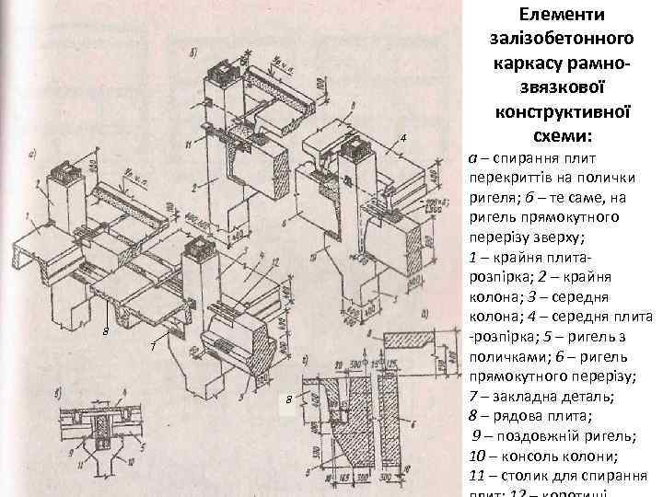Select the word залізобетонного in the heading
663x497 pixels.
[x=561, y=39]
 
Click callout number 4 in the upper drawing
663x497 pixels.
[x=403, y=138]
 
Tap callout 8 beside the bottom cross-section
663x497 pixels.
[x=289, y=399]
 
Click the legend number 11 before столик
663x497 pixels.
[x=475, y=477]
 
